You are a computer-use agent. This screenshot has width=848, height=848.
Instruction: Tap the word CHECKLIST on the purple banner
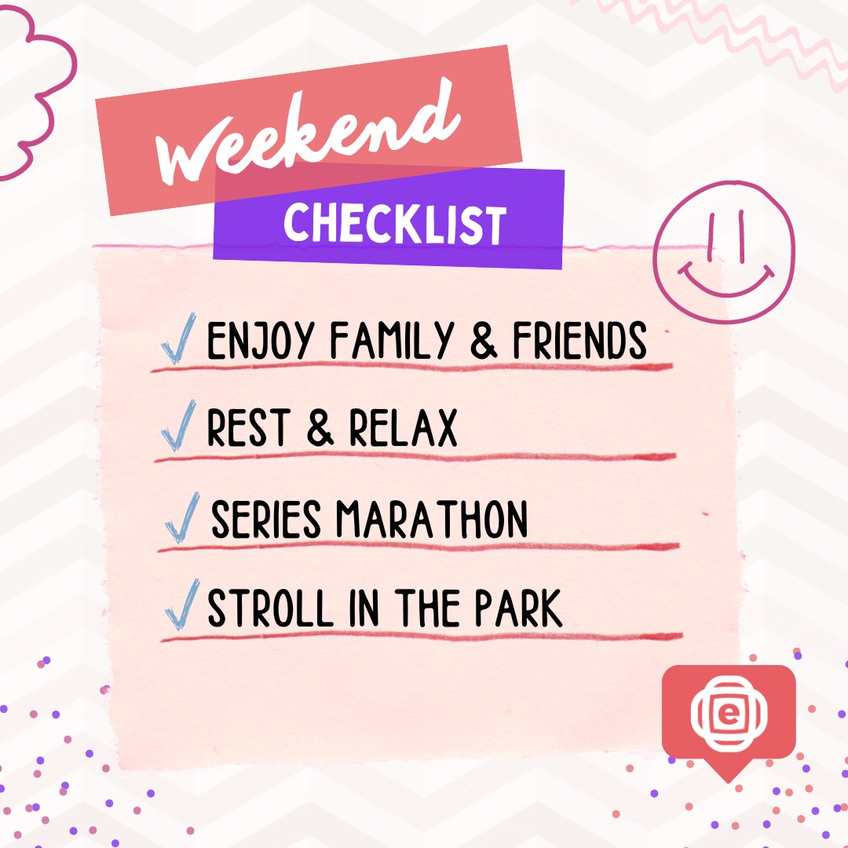pyautogui.click(x=395, y=223)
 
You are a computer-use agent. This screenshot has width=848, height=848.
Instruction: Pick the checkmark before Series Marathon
pyautogui.click(x=182, y=519)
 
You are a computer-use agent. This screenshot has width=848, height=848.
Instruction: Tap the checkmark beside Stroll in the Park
pyautogui.click(x=181, y=608)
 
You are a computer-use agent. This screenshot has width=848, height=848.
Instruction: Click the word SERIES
pyautogui.click(x=266, y=519)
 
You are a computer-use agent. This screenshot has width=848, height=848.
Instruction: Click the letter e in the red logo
pyautogui.click(x=729, y=713)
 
